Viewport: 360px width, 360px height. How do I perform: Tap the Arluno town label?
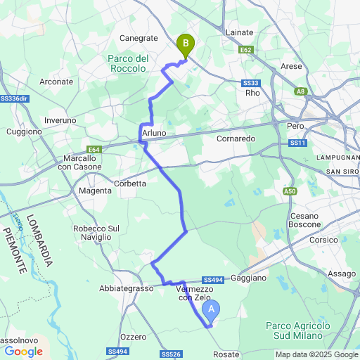154,133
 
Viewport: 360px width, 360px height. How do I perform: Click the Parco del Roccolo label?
128,63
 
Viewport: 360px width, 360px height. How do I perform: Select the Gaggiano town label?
248,278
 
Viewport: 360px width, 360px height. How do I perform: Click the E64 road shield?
94,149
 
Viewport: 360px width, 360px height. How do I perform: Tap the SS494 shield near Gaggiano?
212,280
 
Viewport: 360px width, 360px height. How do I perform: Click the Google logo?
23,351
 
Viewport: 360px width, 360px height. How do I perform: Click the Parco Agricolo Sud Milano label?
298,330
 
